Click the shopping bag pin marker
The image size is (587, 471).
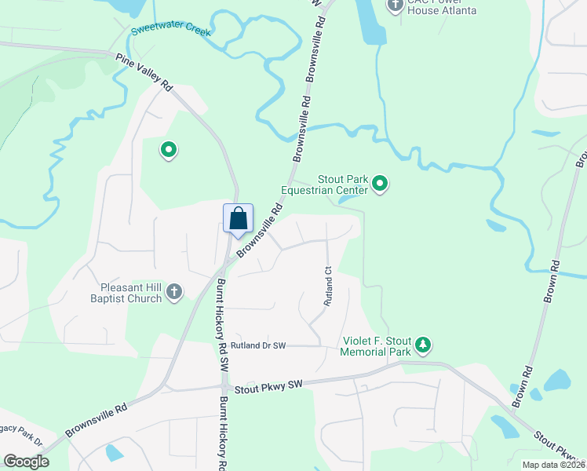239,219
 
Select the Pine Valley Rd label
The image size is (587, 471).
144,71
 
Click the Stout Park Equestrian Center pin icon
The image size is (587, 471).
380,184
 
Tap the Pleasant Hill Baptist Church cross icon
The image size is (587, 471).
174,293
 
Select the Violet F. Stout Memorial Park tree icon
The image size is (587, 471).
423,345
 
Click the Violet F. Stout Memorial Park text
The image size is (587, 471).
377,347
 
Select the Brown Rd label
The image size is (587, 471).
553,279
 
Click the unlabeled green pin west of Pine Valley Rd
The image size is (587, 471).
167,149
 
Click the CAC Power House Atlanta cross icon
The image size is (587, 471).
396,5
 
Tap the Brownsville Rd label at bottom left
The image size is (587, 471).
95,422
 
